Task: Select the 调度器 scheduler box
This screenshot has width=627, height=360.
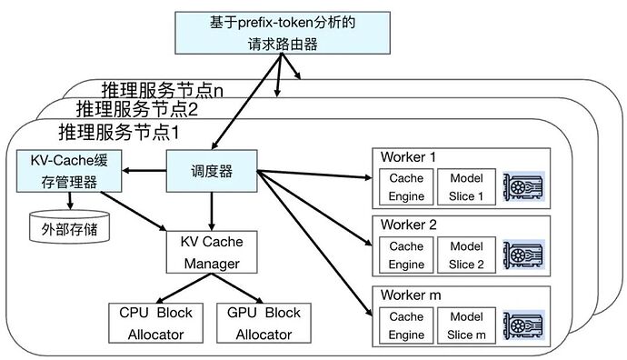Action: click(x=211, y=171)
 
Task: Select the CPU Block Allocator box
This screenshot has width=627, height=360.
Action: click(x=156, y=323)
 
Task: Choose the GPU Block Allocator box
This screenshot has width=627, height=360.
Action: click(x=264, y=323)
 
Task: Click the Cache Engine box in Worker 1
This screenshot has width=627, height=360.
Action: click(x=406, y=186)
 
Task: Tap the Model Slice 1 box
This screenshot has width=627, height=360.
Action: click(x=467, y=186)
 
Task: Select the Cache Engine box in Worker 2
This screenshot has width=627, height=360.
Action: click(x=406, y=255)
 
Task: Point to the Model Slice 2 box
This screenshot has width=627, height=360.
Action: click(x=467, y=255)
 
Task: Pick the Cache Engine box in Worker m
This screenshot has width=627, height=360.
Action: click(x=406, y=325)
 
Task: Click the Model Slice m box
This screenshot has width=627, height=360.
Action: click(x=467, y=325)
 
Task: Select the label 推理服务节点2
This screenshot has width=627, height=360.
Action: click(x=137, y=109)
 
